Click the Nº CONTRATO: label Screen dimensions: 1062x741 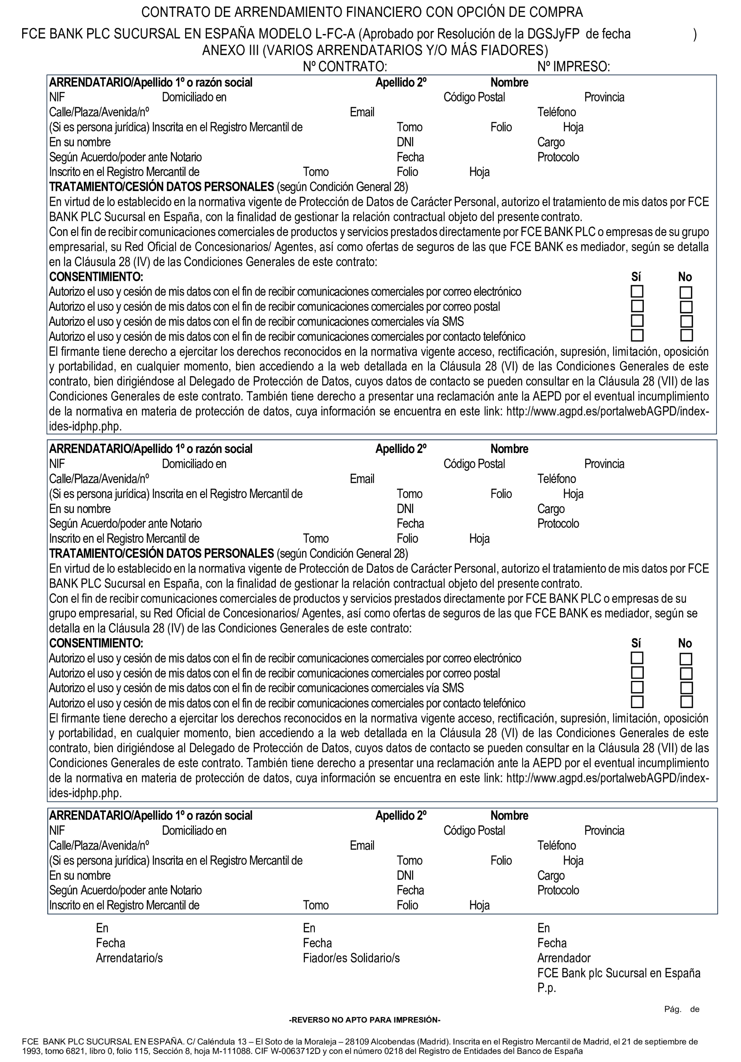(345, 67)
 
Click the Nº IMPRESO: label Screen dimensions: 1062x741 (573, 67)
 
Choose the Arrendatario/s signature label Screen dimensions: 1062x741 (129, 958)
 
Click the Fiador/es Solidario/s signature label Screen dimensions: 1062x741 (351, 958)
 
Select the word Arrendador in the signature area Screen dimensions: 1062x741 (564, 958)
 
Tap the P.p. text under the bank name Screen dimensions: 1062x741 (546, 988)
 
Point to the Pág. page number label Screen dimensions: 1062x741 (673, 1009)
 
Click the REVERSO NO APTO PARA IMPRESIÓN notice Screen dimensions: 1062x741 (365, 1020)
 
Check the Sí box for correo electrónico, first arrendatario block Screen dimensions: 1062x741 (637, 292)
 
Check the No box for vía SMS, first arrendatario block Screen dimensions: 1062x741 (686, 321)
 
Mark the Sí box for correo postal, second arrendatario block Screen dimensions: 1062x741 (637, 673)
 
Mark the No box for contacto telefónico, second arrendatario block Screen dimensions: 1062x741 (686, 702)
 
